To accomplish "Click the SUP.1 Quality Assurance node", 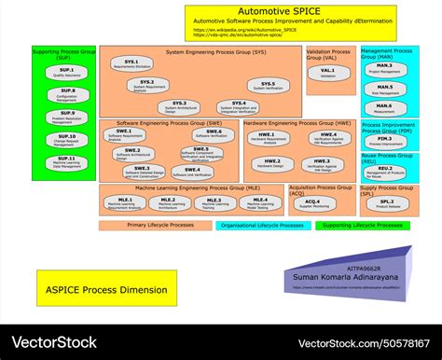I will (x=66, y=73).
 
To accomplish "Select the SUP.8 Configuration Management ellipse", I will (x=66, y=94).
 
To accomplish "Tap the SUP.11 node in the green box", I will (x=66, y=162).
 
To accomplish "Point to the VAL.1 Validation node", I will (x=327, y=73).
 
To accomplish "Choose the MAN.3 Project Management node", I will (x=384, y=68).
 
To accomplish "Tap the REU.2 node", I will (x=384, y=171).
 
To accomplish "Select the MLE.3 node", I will (x=214, y=202).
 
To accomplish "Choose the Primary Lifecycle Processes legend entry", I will (x=154, y=225).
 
